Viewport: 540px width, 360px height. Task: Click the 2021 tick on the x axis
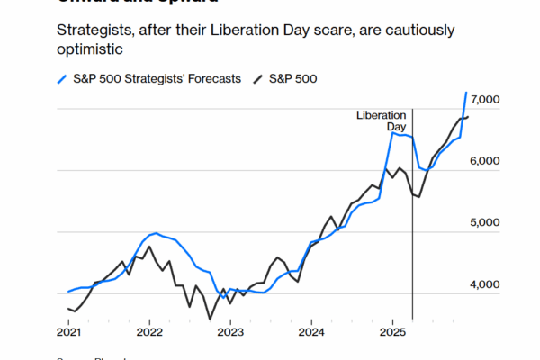68,332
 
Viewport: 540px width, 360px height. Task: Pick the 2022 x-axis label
149,332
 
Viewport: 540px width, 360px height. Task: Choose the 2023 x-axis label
230,332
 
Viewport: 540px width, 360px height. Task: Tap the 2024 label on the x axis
311,332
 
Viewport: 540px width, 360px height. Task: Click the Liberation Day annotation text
382,121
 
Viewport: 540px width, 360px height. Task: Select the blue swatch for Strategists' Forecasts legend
61,79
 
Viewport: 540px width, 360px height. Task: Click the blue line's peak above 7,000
466,92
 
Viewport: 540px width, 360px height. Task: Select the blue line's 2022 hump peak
156,233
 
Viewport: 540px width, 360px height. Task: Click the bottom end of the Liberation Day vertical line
412,319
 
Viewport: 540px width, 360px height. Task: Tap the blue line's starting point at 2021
68,292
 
